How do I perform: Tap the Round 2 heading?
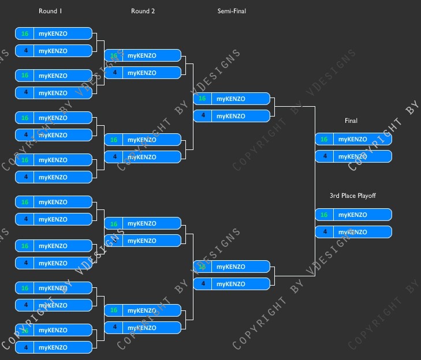click(x=143, y=11)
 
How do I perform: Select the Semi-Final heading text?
click(x=232, y=11)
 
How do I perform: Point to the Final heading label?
click(x=351, y=121)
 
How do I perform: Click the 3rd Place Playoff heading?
click(x=353, y=196)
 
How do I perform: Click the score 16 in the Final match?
click(x=324, y=139)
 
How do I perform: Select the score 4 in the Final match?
click(x=324, y=156)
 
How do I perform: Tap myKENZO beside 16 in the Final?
click(x=352, y=139)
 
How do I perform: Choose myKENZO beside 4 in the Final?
click(x=352, y=156)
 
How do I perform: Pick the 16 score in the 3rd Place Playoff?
click(x=324, y=215)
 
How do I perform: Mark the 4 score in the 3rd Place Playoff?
click(x=324, y=232)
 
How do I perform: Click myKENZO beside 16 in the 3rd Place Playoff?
click(x=352, y=215)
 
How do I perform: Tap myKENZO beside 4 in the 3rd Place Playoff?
click(x=352, y=232)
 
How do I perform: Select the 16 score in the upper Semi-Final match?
click(x=202, y=99)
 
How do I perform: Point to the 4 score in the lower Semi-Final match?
click(x=202, y=284)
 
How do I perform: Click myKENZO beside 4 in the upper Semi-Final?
click(x=230, y=116)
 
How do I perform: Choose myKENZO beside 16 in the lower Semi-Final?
click(x=230, y=267)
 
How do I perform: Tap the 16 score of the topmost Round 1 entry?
click(x=25, y=33)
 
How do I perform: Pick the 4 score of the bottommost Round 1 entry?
click(x=25, y=347)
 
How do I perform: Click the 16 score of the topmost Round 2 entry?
click(x=114, y=55)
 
